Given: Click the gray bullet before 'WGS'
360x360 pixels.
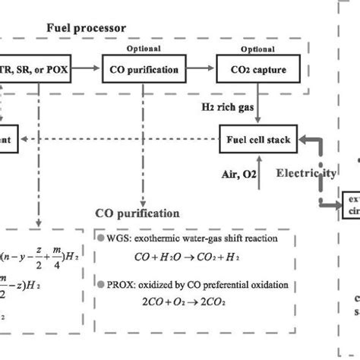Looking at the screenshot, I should [102, 238].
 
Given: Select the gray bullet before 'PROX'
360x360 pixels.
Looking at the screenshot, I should [102, 286].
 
